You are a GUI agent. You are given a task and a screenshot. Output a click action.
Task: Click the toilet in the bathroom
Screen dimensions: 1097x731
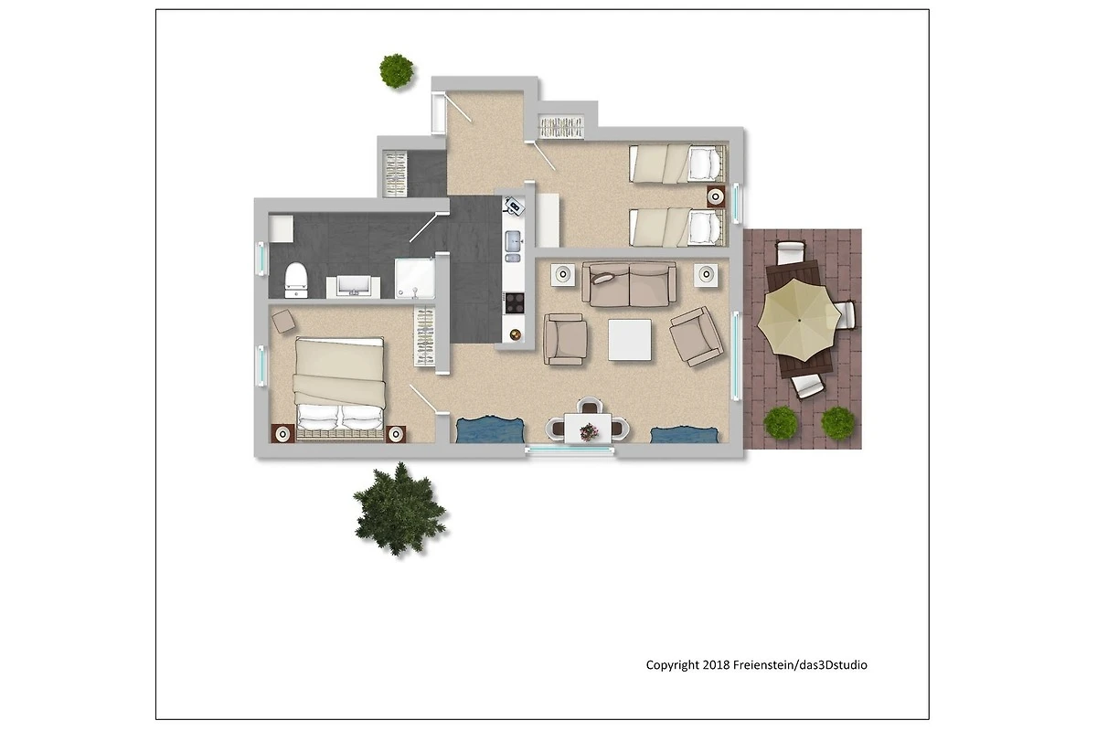pyautogui.click(x=296, y=280)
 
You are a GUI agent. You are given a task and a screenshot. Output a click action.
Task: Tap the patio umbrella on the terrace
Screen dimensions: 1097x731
pyautogui.click(x=799, y=320)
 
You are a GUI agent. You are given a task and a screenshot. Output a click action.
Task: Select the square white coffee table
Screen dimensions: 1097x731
pyautogui.click(x=630, y=339)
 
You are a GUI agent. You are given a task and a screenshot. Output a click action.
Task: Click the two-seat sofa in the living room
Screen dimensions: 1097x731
pyautogui.click(x=629, y=284)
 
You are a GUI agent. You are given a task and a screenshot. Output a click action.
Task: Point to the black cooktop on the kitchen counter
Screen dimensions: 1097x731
pyautogui.click(x=514, y=302)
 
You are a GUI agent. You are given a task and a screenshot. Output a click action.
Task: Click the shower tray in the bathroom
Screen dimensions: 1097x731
pyautogui.click(x=415, y=278)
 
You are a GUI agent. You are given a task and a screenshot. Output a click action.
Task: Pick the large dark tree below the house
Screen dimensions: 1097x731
pyautogui.click(x=399, y=509)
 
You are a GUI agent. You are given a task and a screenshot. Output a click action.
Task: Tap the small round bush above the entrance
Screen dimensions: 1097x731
pyautogui.click(x=396, y=71)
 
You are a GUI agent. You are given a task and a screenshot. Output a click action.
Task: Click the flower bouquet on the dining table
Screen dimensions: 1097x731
pyautogui.click(x=589, y=432)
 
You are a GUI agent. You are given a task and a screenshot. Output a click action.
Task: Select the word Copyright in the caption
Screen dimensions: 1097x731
pyautogui.click(x=673, y=665)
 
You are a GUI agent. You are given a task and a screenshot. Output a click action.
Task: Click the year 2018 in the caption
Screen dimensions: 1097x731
pyautogui.click(x=716, y=665)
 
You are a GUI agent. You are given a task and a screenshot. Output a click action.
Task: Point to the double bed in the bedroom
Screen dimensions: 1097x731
pyautogui.click(x=339, y=389)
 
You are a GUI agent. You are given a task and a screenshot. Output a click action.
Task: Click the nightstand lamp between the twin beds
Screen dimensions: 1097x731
pyautogui.click(x=716, y=196)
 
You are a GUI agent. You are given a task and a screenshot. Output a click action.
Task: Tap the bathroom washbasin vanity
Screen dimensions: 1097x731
pyautogui.click(x=353, y=286)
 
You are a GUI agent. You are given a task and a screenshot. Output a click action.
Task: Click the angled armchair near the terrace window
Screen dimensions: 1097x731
pyautogui.click(x=696, y=336)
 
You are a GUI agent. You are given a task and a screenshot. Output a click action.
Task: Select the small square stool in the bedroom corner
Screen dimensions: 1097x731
pyautogui.click(x=283, y=322)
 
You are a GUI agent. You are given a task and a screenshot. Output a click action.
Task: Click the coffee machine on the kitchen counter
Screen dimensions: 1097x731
pyautogui.click(x=513, y=206)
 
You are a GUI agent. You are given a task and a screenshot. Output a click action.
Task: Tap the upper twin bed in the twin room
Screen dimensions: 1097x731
pyautogui.click(x=677, y=164)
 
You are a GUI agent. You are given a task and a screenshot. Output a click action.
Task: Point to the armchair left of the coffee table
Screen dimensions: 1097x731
pyautogui.click(x=565, y=339)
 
